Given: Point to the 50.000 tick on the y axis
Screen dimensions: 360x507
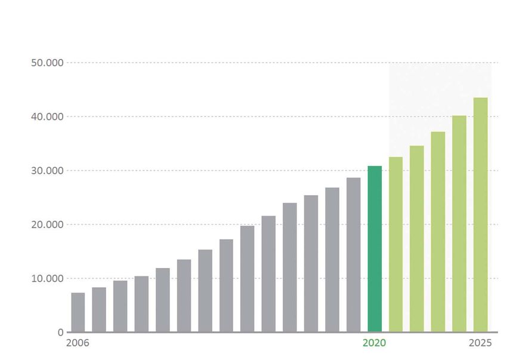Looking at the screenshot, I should tap(47, 63).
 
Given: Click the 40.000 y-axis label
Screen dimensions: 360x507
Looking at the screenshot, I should tap(47, 116).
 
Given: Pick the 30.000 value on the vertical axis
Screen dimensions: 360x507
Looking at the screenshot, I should tap(47, 171).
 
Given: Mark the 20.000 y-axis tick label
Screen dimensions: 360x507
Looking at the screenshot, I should tap(47, 224).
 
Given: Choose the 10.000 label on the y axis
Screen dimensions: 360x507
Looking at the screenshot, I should tap(47, 278).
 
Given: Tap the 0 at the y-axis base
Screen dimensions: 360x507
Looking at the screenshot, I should tap(60, 332).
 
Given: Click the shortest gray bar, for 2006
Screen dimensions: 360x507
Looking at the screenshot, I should tap(78, 312).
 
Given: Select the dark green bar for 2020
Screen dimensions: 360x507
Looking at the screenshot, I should tap(375, 249).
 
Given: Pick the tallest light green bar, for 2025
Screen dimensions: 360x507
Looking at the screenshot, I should tap(480, 215).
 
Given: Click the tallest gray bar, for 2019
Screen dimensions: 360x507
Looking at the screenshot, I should tap(353, 255).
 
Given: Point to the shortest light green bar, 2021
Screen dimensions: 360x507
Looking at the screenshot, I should tap(395, 244).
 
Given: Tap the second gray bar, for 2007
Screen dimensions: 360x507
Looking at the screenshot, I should tap(99, 310).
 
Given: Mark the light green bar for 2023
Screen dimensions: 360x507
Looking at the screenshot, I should tap(438, 232).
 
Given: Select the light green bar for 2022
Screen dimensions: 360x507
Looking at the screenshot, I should tap(417, 239).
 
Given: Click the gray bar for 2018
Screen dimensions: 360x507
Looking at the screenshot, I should tap(332, 260).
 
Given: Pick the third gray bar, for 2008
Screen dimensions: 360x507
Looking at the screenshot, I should tap(120, 306).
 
